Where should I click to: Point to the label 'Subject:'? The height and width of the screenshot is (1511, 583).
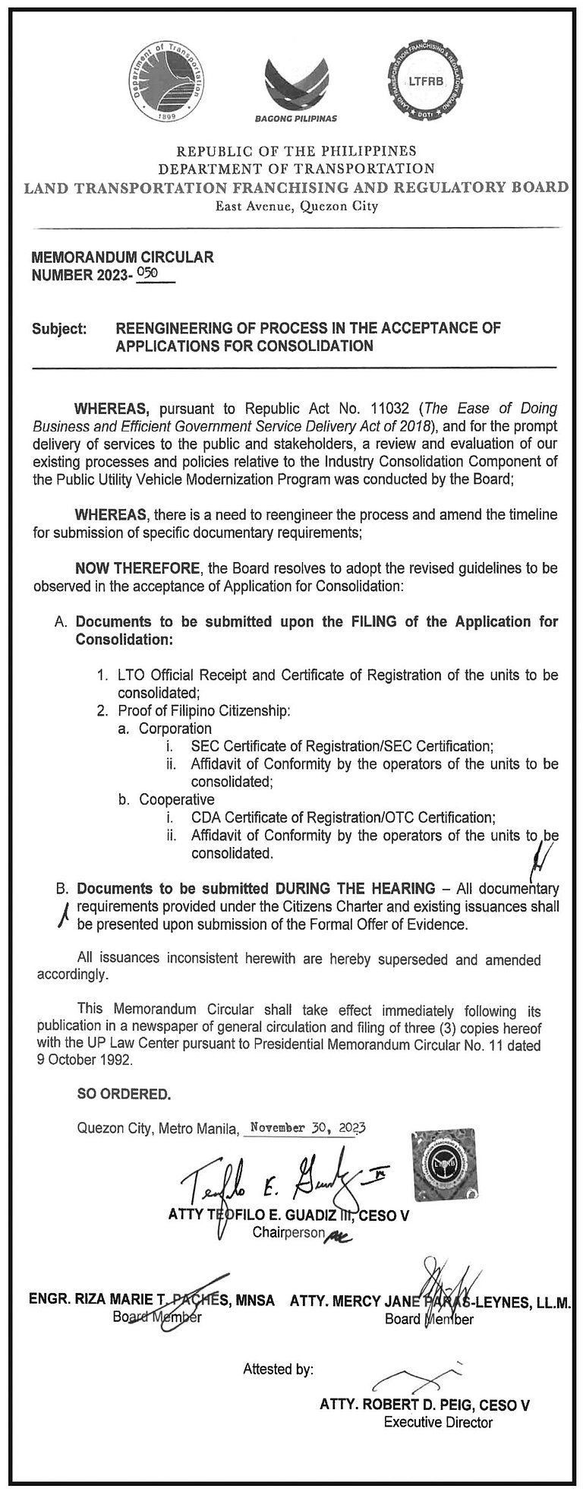59,330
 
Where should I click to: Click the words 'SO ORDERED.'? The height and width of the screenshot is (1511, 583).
124,1095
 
